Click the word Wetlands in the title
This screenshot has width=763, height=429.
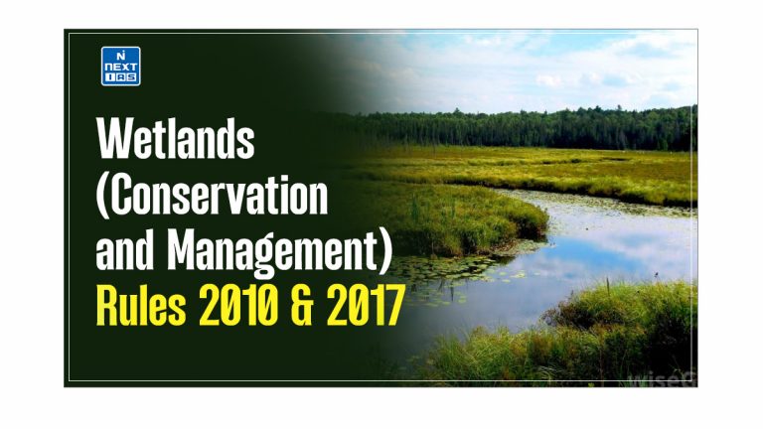coord(174,141)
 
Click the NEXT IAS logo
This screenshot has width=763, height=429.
coord(121,66)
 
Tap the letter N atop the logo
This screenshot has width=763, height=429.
coord(121,55)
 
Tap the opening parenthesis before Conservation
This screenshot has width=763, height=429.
coord(101,198)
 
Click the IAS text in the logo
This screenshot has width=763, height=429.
coord(121,77)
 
